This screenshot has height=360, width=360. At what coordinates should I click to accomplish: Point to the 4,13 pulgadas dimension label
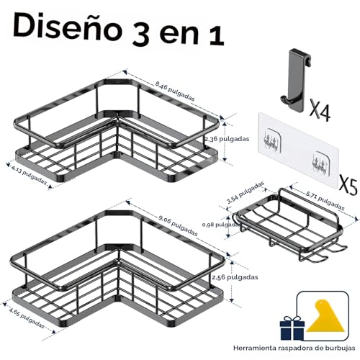(x=30, y=176)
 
